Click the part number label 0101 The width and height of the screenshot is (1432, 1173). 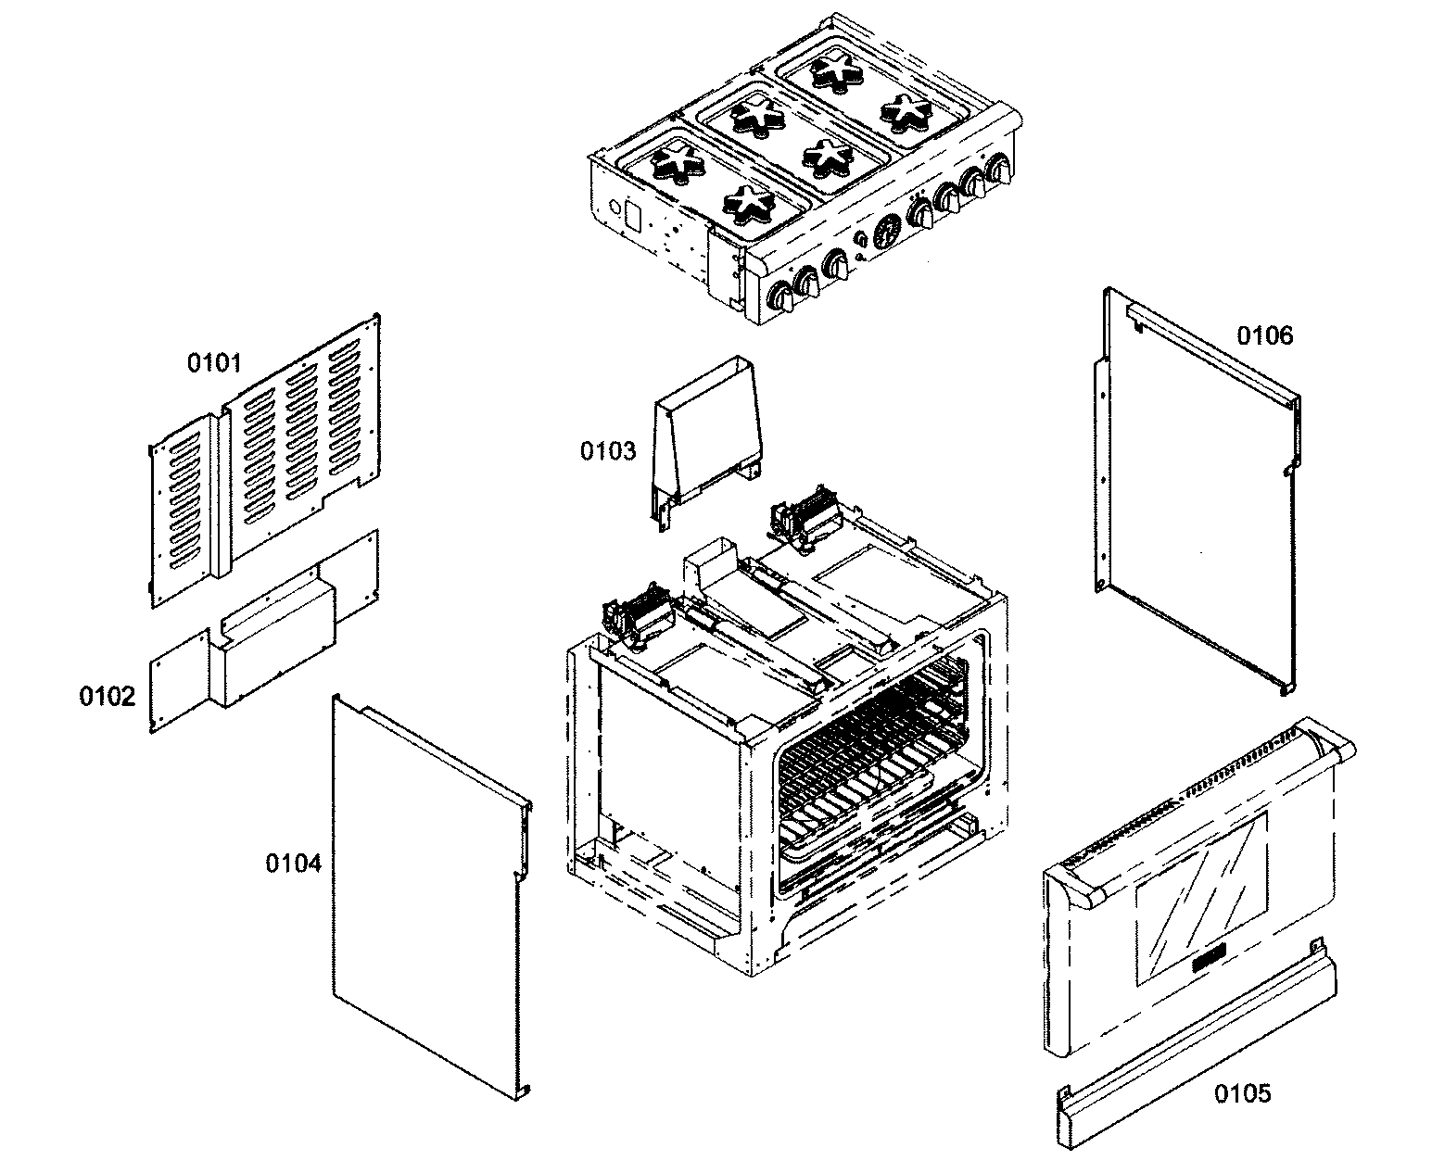click(214, 362)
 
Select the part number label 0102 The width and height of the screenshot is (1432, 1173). click(107, 696)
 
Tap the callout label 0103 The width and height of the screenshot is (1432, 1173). click(608, 451)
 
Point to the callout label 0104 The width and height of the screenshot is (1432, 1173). click(293, 864)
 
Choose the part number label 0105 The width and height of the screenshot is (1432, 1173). click(1243, 1094)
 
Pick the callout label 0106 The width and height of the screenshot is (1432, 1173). click(1265, 334)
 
